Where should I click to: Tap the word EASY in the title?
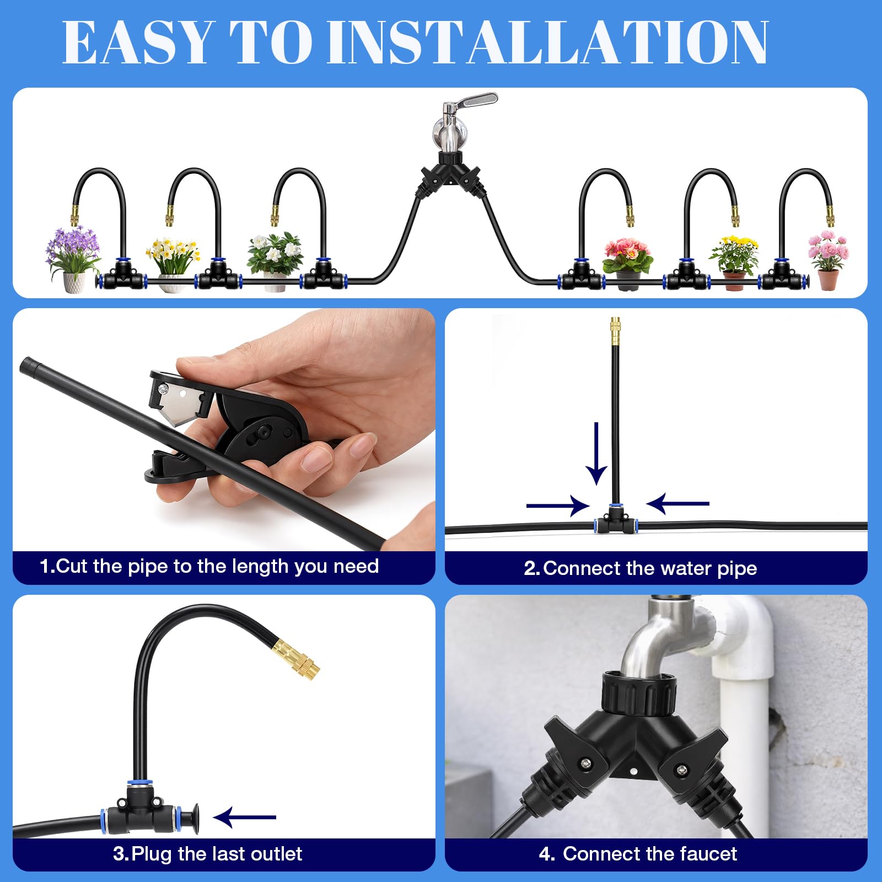(137, 42)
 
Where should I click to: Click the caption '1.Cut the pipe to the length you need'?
(209, 566)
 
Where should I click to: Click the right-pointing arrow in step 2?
(558, 505)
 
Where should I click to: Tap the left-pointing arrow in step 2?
(677, 503)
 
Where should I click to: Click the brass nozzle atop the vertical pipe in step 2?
(615, 331)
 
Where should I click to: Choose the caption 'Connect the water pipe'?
(650, 568)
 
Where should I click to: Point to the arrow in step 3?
(244, 817)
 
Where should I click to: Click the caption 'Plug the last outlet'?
(217, 854)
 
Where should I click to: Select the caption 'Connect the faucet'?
(650, 854)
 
